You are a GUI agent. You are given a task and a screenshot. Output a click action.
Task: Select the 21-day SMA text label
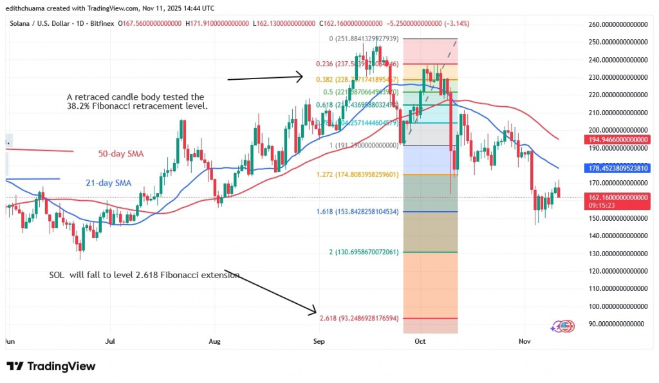108,183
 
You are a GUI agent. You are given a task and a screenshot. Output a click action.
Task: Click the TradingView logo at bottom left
51,366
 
